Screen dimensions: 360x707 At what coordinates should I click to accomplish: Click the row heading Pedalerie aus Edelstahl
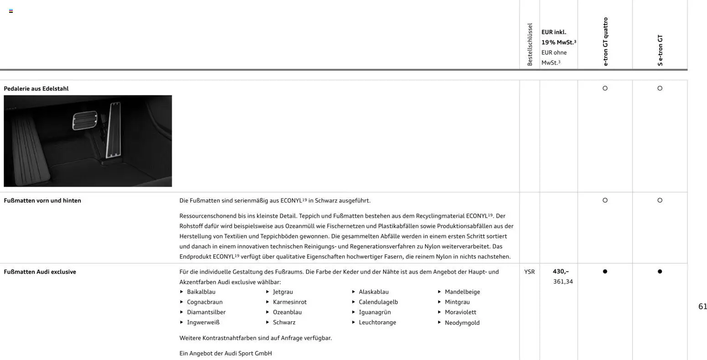coord(36,89)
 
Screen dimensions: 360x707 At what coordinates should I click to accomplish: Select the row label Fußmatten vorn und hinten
coord(42,200)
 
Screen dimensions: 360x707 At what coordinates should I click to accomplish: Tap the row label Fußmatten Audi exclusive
coord(40,271)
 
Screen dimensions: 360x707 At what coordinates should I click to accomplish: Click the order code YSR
coord(529,271)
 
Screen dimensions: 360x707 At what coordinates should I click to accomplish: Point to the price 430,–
coord(561,271)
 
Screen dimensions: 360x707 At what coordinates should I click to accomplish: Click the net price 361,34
coord(563,282)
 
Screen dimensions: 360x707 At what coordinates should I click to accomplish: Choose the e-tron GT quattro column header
coord(605,42)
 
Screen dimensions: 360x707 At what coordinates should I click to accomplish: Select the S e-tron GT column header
coord(660,50)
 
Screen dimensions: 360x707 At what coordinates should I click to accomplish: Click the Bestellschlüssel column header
coord(530,45)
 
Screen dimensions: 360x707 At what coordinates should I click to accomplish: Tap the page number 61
coord(702,307)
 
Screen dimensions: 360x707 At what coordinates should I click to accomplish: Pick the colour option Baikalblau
coord(201,292)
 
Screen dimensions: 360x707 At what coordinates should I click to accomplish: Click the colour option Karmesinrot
coord(290,302)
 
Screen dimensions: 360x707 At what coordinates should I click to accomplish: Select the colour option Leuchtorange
coord(377,322)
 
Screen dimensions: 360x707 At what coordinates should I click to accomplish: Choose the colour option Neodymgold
coord(462,323)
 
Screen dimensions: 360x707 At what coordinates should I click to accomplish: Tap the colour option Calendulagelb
coord(378,302)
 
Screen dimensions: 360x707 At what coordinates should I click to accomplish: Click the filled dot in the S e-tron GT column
coord(660,271)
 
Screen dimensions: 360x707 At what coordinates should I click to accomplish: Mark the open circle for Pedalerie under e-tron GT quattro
coord(605,88)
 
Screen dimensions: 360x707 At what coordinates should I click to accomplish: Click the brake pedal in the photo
coord(85,120)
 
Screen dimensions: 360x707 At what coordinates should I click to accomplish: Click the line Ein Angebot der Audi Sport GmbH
coord(225,353)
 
